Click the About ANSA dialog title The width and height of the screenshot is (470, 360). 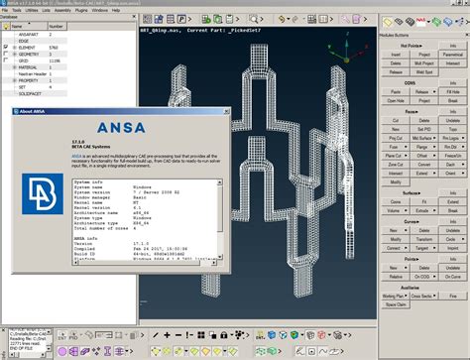(33, 111)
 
